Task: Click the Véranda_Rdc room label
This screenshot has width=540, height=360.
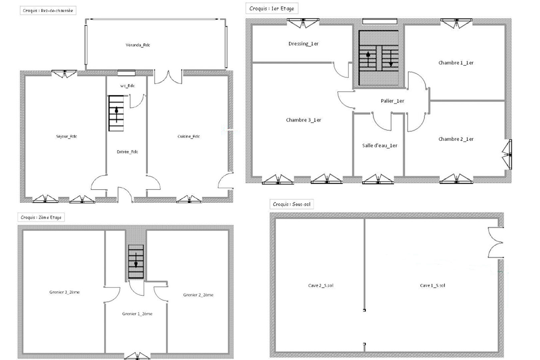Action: pyautogui.click(x=138, y=45)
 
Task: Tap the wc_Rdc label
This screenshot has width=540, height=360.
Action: pyautogui.click(x=127, y=86)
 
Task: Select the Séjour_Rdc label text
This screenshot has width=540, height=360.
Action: pyautogui.click(x=67, y=136)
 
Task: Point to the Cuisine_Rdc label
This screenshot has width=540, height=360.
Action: pyautogui.click(x=189, y=136)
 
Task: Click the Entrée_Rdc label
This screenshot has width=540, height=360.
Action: pyautogui.click(x=127, y=152)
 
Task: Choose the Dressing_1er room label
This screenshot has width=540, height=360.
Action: pyautogui.click(x=303, y=44)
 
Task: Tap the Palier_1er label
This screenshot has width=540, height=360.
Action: pyautogui.click(x=392, y=101)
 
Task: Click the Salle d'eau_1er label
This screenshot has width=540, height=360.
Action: pyautogui.click(x=380, y=145)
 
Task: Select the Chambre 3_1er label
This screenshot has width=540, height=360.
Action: pyautogui.click(x=303, y=120)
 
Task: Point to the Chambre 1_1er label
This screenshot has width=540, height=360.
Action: pyautogui.click(x=456, y=63)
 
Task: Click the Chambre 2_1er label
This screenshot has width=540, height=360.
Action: pyautogui.click(x=456, y=139)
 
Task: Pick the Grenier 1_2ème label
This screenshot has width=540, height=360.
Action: pyautogui.click(x=137, y=314)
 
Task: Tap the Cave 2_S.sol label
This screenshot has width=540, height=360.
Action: pyautogui.click(x=320, y=285)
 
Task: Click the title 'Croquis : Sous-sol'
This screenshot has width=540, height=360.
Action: pyautogui.click(x=291, y=204)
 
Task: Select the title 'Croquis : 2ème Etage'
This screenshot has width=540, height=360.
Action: pyautogui.click(x=41, y=217)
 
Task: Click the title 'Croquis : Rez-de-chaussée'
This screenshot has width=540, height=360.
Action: pyautogui.click(x=48, y=11)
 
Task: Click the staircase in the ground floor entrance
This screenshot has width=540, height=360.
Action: pyautogui.click(x=116, y=113)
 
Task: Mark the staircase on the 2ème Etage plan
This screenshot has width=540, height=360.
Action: pyautogui.click(x=136, y=262)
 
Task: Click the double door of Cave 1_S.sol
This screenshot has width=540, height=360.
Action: pyautogui.click(x=495, y=242)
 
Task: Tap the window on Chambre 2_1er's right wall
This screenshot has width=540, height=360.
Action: pyautogui.click(x=507, y=154)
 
